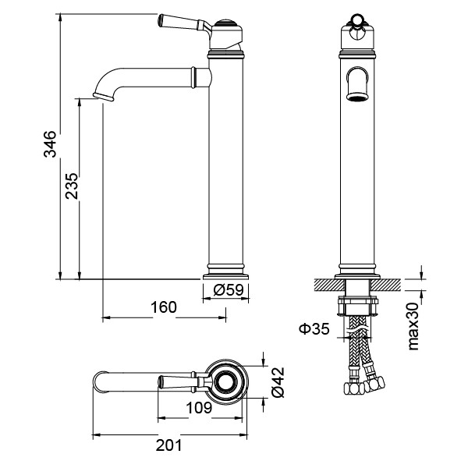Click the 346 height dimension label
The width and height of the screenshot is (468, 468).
50,144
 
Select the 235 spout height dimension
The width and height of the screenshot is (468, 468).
72,186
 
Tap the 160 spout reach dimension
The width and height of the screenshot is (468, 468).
164,307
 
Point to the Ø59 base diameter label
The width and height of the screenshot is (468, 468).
229,289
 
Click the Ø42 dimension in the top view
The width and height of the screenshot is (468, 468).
278,382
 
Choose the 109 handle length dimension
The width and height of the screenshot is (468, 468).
199,407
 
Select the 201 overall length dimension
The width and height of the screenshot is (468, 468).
168,445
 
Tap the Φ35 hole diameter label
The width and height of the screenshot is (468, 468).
314,329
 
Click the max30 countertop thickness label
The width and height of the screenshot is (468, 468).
413,326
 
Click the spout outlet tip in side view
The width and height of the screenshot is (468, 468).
103,97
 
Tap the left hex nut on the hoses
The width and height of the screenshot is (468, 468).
353,388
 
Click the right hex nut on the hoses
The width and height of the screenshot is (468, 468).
374,384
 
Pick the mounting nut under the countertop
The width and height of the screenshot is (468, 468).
358,306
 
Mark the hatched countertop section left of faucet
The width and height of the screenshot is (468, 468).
329,285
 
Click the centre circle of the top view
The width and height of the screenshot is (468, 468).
226,381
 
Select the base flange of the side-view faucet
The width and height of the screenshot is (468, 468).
225,277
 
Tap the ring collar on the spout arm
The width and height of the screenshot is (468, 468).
193,78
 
